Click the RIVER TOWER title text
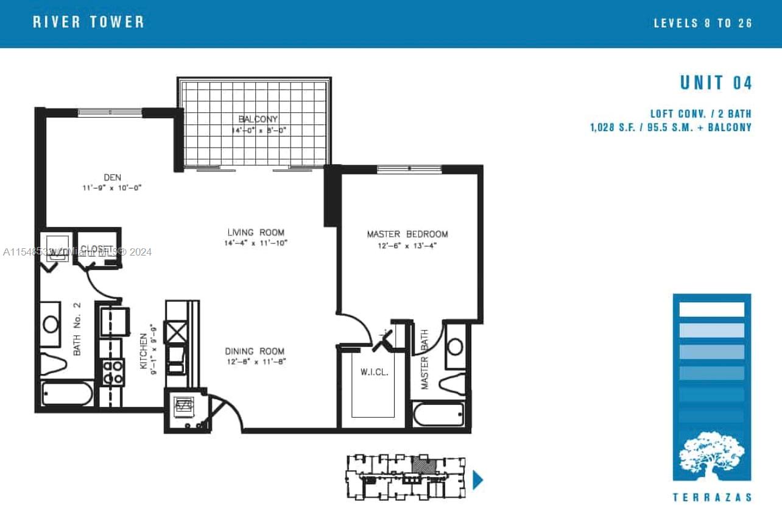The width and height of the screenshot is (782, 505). coord(88,23)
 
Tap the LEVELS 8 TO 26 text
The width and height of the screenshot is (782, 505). coord(703,23)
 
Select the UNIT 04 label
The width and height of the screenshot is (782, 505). coord(716,83)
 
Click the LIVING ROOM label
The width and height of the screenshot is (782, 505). coord(255,232)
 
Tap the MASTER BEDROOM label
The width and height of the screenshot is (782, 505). coord(407,234)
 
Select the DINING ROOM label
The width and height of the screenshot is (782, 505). coord(255,351)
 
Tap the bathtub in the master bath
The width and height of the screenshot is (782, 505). coord(439,414)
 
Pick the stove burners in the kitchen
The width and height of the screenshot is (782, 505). coord(113,372)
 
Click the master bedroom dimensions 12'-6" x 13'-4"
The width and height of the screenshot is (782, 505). coord(407,245)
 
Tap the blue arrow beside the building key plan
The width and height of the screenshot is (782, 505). coord(477,479)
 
